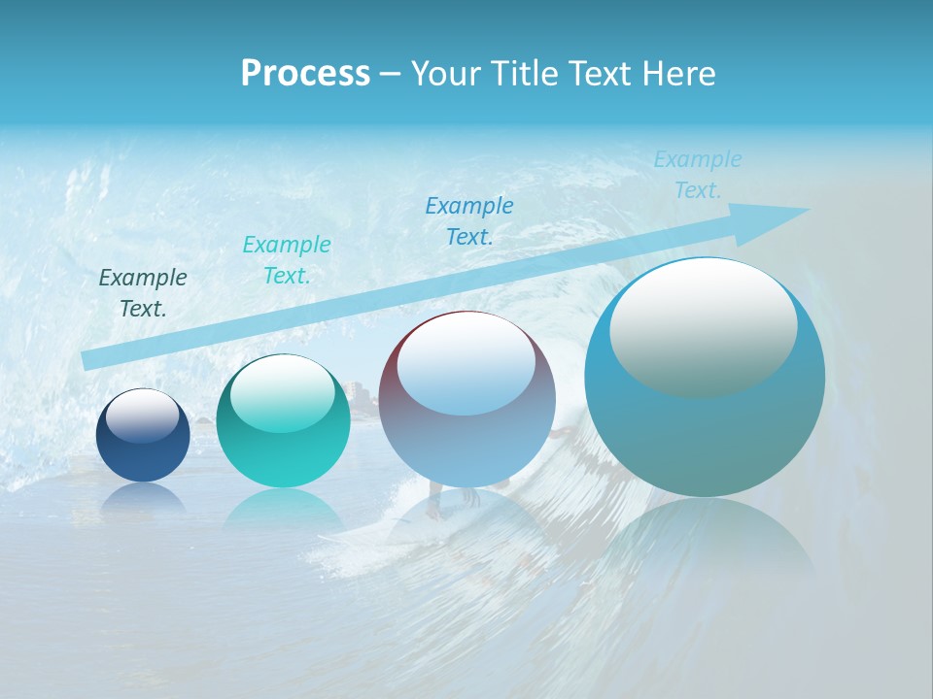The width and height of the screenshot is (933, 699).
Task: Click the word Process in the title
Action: click(305, 74)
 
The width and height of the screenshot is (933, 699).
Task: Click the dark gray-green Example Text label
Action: click(143, 292)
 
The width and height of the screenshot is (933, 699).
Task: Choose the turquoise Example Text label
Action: click(287, 259)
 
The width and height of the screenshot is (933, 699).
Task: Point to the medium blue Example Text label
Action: click(469, 220)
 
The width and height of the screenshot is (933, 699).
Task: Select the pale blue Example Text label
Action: click(698, 175)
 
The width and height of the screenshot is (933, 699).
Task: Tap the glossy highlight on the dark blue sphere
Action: click(143, 416)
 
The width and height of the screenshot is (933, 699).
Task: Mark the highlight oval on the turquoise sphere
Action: click(283, 394)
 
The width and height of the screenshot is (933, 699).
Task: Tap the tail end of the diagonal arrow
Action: click(87, 360)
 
